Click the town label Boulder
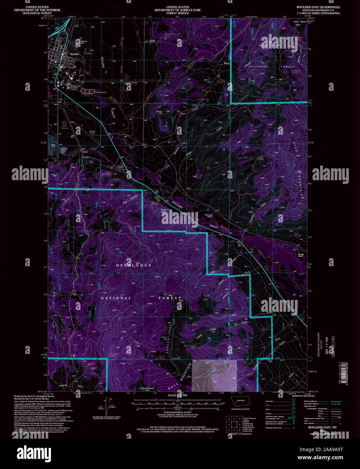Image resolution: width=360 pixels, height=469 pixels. point(75,54)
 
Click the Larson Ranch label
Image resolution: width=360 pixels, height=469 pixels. point(152,41)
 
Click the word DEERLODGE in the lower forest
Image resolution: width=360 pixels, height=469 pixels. point(134,266)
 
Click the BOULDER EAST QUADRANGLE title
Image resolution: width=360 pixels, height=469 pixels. point(318,7)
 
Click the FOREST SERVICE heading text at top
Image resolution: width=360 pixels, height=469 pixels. point(177,13)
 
